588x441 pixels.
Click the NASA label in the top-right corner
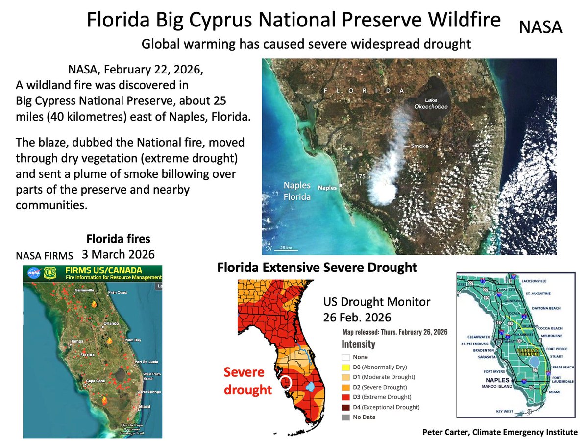540,27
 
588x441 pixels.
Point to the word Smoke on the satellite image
419,146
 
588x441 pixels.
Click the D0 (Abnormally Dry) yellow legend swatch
346,367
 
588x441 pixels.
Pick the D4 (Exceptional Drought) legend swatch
346,407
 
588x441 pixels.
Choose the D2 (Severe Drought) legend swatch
346,387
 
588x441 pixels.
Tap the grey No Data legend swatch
346,417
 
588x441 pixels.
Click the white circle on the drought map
288,382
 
